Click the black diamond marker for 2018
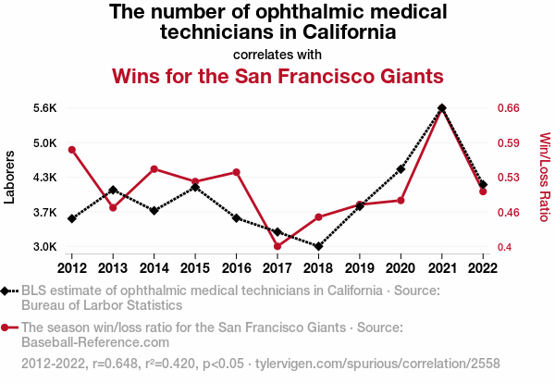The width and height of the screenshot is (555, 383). [318, 247]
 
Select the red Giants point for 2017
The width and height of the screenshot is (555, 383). [277, 246]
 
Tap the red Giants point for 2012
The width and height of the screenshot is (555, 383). [72, 150]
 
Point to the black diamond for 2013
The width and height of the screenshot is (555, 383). [113, 190]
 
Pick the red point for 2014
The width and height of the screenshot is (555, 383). [154, 169]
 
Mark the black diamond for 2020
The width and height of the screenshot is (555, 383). [401, 169]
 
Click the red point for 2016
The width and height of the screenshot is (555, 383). [236, 172]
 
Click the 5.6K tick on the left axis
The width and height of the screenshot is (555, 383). [44, 108]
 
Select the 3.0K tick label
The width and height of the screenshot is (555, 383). [44, 247]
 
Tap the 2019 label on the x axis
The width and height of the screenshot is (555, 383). [360, 268]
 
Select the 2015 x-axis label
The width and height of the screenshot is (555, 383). [195, 268]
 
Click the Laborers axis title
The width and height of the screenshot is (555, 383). [10, 177]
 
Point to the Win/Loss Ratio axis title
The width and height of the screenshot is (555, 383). [544, 177]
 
